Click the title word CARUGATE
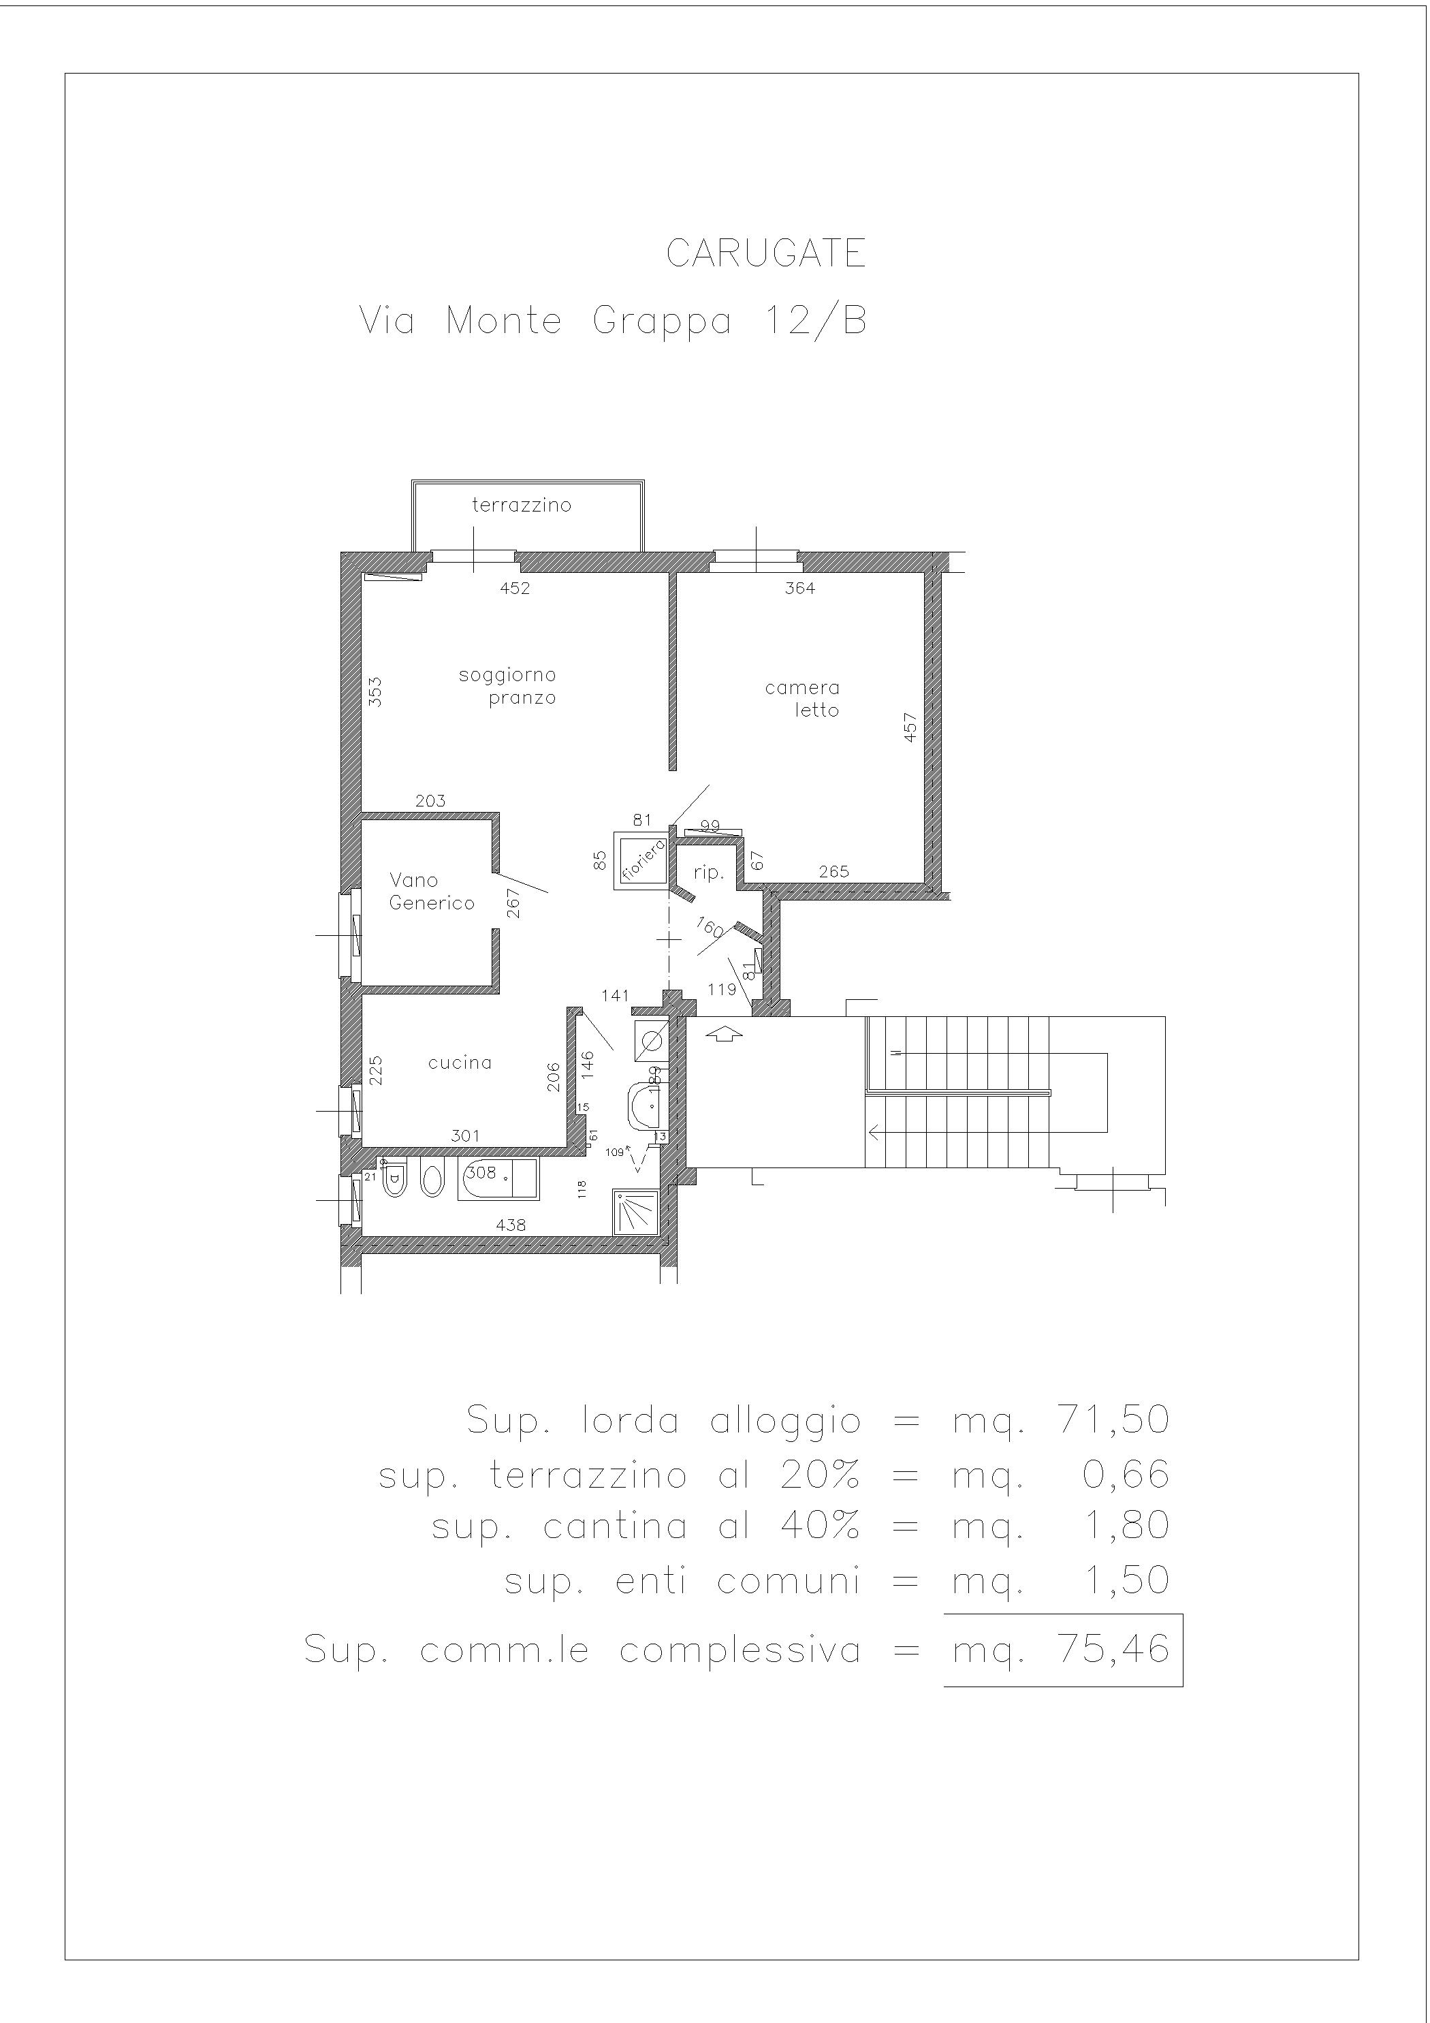click(x=765, y=254)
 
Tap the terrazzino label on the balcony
click(x=522, y=505)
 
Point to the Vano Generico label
click(x=432, y=891)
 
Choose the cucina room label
click(x=460, y=1063)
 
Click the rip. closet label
click(x=708, y=873)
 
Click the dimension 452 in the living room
click(x=515, y=588)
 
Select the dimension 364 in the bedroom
click(x=800, y=588)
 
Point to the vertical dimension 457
click(x=910, y=727)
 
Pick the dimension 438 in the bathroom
click(x=511, y=1225)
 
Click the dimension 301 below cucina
click(x=465, y=1135)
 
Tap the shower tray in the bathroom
click(x=636, y=1212)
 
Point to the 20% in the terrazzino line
click(x=819, y=1474)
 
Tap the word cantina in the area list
click(x=615, y=1526)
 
